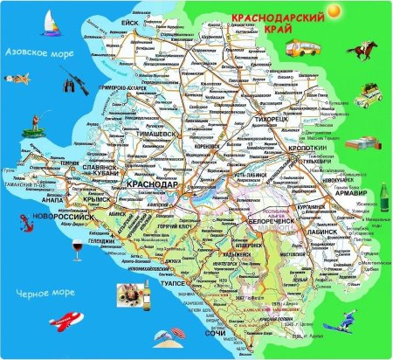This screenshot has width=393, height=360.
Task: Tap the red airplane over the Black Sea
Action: pos(45,325)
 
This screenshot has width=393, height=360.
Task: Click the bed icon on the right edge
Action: pos(361,144)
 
